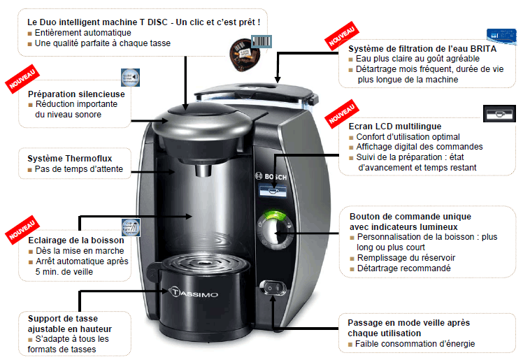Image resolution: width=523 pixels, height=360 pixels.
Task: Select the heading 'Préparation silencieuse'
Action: pos(76,94)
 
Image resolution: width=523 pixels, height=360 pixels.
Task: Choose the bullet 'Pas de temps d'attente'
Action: pos(78,169)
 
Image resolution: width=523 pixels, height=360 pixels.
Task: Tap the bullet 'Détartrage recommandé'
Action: pos(403,268)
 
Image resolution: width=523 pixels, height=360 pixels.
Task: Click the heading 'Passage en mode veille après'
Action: pos(408,323)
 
